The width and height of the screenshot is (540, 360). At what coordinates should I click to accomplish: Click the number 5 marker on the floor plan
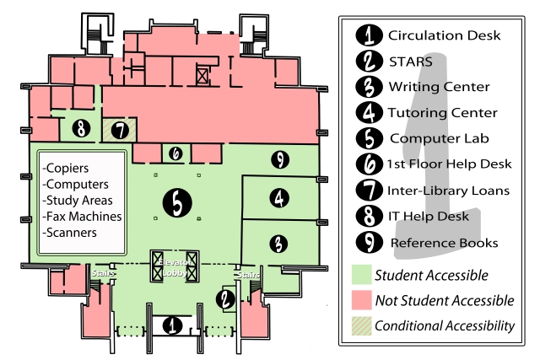pyautogui.click(x=177, y=202)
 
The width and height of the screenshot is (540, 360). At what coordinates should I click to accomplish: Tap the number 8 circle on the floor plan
pyautogui.click(x=81, y=129)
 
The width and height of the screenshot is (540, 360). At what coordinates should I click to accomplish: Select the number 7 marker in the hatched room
pyautogui.click(x=120, y=131)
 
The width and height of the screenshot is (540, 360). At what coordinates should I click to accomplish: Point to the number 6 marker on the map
pyautogui.click(x=175, y=153)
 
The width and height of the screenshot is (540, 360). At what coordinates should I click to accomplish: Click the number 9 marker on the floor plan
pyautogui.click(x=280, y=159)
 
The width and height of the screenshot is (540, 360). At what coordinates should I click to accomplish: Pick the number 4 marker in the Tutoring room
pyautogui.click(x=279, y=198)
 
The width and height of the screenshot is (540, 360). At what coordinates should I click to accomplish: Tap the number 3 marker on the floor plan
pyautogui.click(x=278, y=244)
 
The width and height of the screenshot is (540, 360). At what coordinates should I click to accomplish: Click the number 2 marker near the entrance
pyautogui.click(x=225, y=299)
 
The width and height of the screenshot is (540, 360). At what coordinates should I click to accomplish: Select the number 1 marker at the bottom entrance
pyautogui.click(x=172, y=325)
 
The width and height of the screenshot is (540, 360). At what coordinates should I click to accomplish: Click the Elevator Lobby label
pyautogui.click(x=175, y=268)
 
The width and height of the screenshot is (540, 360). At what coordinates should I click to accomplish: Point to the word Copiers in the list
pyautogui.click(x=66, y=168)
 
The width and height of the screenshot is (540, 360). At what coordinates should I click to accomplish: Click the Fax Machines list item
pyautogui.click(x=82, y=216)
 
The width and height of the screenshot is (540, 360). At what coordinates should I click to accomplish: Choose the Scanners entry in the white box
pyautogui.click(x=69, y=233)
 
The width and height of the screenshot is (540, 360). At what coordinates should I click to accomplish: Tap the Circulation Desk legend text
pyautogui.click(x=445, y=35)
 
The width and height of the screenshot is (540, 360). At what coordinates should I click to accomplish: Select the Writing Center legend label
pyautogui.click(x=439, y=87)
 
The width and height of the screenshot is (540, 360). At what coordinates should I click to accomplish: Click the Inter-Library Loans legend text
pyautogui.click(x=448, y=191)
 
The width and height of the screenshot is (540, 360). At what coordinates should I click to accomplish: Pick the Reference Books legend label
pyautogui.click(x=445, y=243)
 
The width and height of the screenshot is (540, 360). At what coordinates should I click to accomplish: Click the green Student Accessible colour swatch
pyautogui.click(x=362, y=274)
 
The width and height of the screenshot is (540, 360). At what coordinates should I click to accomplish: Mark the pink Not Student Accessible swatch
pyautogui.click(x=362, y=300)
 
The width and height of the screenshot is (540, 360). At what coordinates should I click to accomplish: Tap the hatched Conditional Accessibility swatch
pyautogui.click(x=362, y=325)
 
